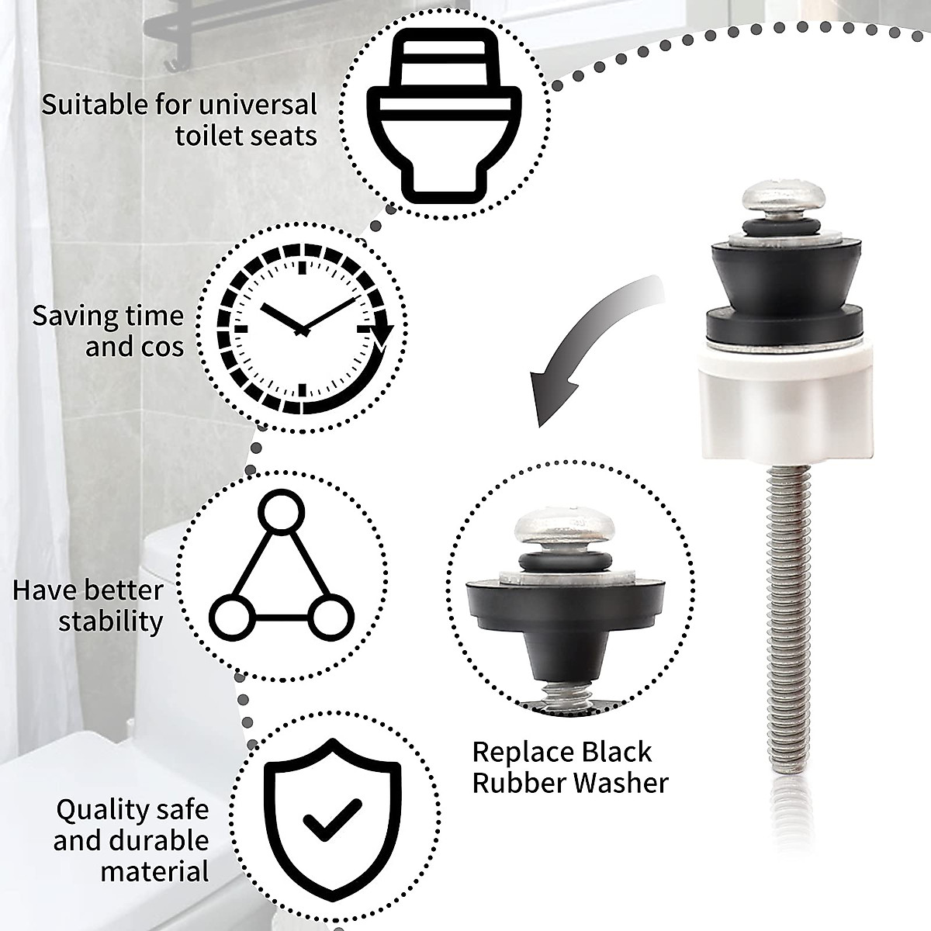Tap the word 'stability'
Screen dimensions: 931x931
111,621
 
